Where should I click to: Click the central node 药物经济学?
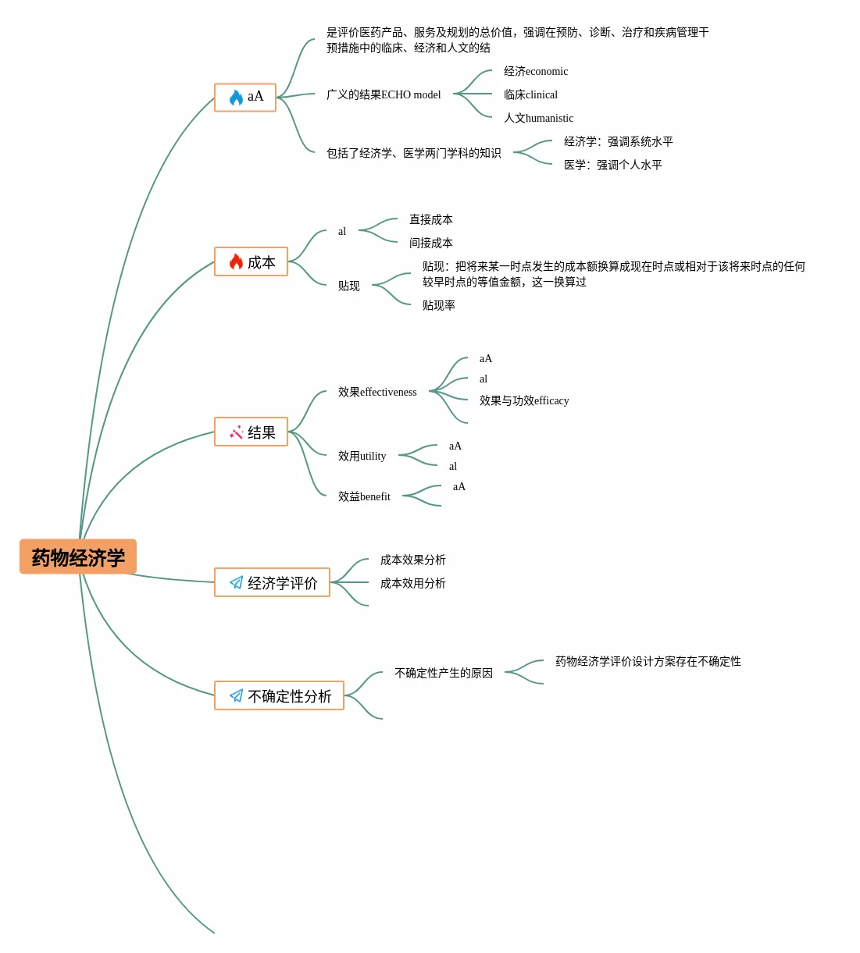(x=78, y=557)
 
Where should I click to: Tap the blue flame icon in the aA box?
(x=236, y=98)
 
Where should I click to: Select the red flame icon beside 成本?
(x=236, y=261)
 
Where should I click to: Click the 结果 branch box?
(x=252, y=432)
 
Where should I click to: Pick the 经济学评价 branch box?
(x=272, y=582)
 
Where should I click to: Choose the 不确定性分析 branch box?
(x=279, y=695)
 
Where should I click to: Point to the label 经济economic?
(x=536, y=71)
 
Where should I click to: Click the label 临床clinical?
(x=531, y=94)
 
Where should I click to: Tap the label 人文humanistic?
(x=539, y=118)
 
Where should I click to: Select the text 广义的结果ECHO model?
(x=384, y=94)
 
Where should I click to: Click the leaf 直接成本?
(x=431, y=219)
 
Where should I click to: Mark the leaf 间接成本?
(x=431, y=243)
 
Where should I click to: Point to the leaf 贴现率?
(x=438, y=305)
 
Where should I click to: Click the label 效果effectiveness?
(x=377, y=392)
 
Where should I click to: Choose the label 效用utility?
(x=362, y=456)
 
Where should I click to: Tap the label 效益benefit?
(x=364, y=496)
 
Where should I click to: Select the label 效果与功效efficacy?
(x=524, y=400)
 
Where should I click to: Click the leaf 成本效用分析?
(x=413, y=583)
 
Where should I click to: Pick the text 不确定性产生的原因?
(x=444, y=673)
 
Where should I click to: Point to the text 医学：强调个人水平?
(x=613, y=165)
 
